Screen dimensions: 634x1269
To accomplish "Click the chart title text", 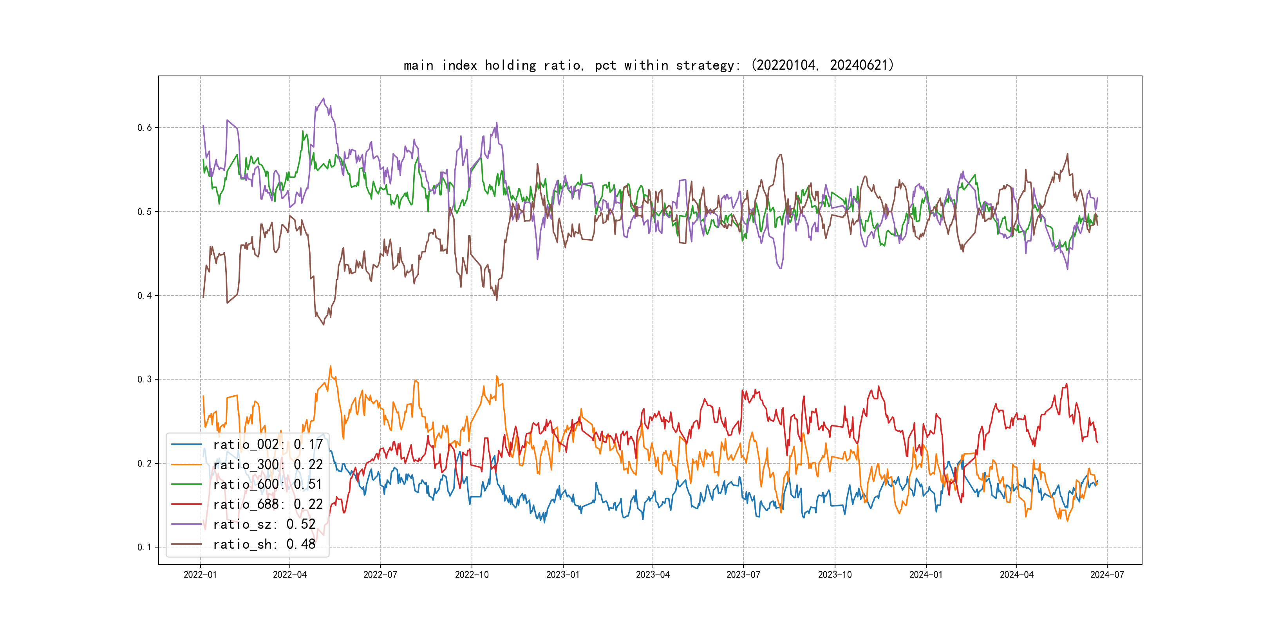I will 648,65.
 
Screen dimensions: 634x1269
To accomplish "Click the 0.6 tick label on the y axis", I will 145,128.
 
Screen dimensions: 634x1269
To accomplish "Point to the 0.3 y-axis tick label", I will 145,380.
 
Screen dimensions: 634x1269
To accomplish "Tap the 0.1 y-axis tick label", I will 145,548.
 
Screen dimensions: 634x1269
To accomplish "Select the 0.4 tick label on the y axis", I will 145,296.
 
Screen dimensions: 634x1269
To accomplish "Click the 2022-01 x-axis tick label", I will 200,575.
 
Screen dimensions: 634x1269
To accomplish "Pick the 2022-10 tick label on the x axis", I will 472,575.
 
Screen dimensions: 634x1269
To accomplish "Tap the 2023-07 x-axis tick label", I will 743,575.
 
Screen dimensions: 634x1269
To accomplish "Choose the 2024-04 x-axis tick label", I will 1016,575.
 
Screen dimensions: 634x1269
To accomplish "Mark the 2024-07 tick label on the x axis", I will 1107,575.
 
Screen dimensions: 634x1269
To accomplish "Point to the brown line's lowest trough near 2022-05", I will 324,324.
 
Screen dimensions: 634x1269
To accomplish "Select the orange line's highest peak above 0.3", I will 331,366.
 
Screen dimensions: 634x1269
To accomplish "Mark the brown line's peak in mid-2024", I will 1068,154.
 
